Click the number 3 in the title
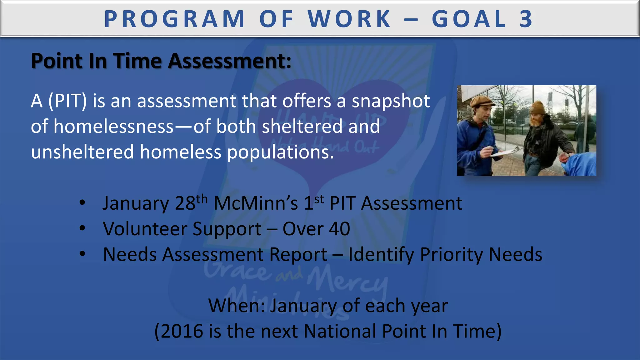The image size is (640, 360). pos(526,19)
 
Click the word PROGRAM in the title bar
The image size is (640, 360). pos(174,19)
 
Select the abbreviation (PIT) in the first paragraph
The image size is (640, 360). pos(67,101)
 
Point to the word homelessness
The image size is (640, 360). pos(113,127)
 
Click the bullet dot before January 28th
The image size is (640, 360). pos(82,203)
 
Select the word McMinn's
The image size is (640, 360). pos(256,203)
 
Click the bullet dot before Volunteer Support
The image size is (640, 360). pos(82,228)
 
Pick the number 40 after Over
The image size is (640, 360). pos(339,229)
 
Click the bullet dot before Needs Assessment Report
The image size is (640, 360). pos(82,254)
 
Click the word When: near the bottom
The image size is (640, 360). pos(237,306)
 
